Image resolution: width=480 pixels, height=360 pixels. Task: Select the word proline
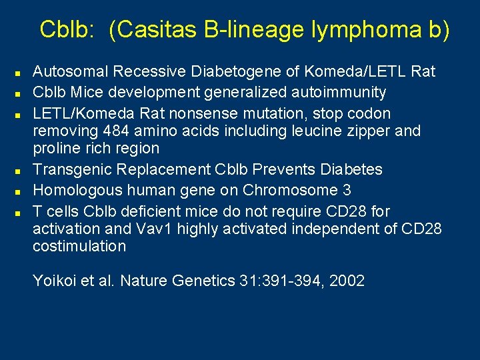point(55,148)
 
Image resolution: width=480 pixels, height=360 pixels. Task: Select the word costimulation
point(79,246)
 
